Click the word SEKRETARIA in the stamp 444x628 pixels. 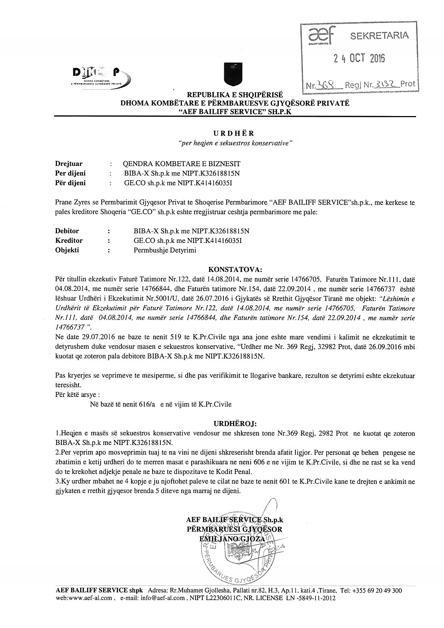[379, 35]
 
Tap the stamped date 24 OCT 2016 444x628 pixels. [359, 58]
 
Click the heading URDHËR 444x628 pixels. [234, 134]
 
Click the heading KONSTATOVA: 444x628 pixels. [235, 269]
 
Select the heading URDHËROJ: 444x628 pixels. [235, 424]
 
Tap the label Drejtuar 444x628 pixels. [69, 164]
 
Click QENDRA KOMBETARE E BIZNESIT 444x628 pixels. [182, 164]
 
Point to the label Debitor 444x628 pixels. [67, 231]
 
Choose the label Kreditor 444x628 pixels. [69, 240]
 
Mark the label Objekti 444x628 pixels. [67, 250]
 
